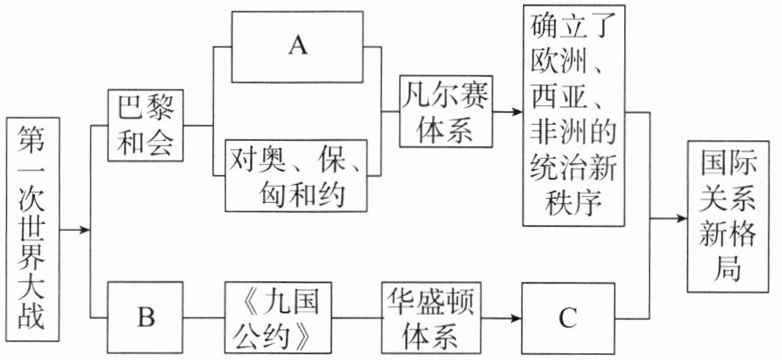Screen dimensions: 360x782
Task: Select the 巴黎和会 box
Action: [146, 126]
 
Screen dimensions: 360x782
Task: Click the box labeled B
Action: [146, 319]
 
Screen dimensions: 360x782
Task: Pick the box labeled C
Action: [567, 319]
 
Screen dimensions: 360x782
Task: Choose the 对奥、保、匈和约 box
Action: [296, 174]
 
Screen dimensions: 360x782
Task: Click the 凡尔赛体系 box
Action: [447, 111]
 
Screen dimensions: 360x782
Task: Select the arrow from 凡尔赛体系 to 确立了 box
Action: [508, 111]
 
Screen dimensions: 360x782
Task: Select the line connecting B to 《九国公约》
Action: [204, 319]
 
